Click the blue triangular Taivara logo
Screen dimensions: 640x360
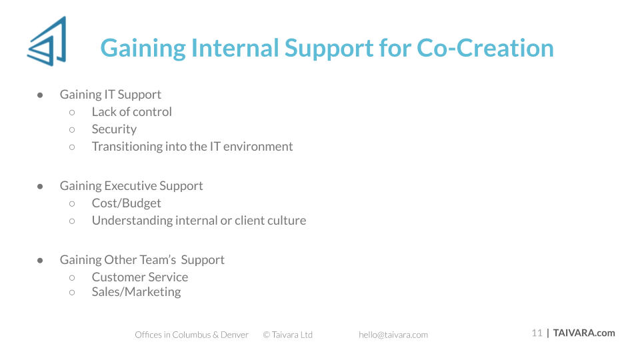tap(47, 41)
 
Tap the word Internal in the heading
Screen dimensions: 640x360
tap(235, 48)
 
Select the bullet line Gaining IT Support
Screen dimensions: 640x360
tap(110, 95)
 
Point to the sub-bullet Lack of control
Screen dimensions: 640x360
tap(131, 112)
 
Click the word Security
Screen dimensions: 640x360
tap(114, 129)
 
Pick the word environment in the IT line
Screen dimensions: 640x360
tap(258, 147)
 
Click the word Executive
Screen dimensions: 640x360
tap(130, 186)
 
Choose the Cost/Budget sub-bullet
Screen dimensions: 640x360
tap(126, 203)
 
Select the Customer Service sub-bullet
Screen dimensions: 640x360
tap(140, 277)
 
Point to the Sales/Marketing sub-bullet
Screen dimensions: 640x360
tap(136, 292)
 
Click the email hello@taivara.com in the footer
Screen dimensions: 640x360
tap(393, 335)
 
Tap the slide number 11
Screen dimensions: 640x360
tap(537, 333)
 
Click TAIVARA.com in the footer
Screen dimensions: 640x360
tap(584, 333)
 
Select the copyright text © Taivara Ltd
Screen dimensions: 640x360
tap(288, 335)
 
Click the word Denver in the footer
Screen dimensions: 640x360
tap(234, 335)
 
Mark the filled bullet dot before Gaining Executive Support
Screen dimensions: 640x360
tap(40, 187)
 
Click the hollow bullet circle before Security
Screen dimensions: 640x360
tap(72, 130)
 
